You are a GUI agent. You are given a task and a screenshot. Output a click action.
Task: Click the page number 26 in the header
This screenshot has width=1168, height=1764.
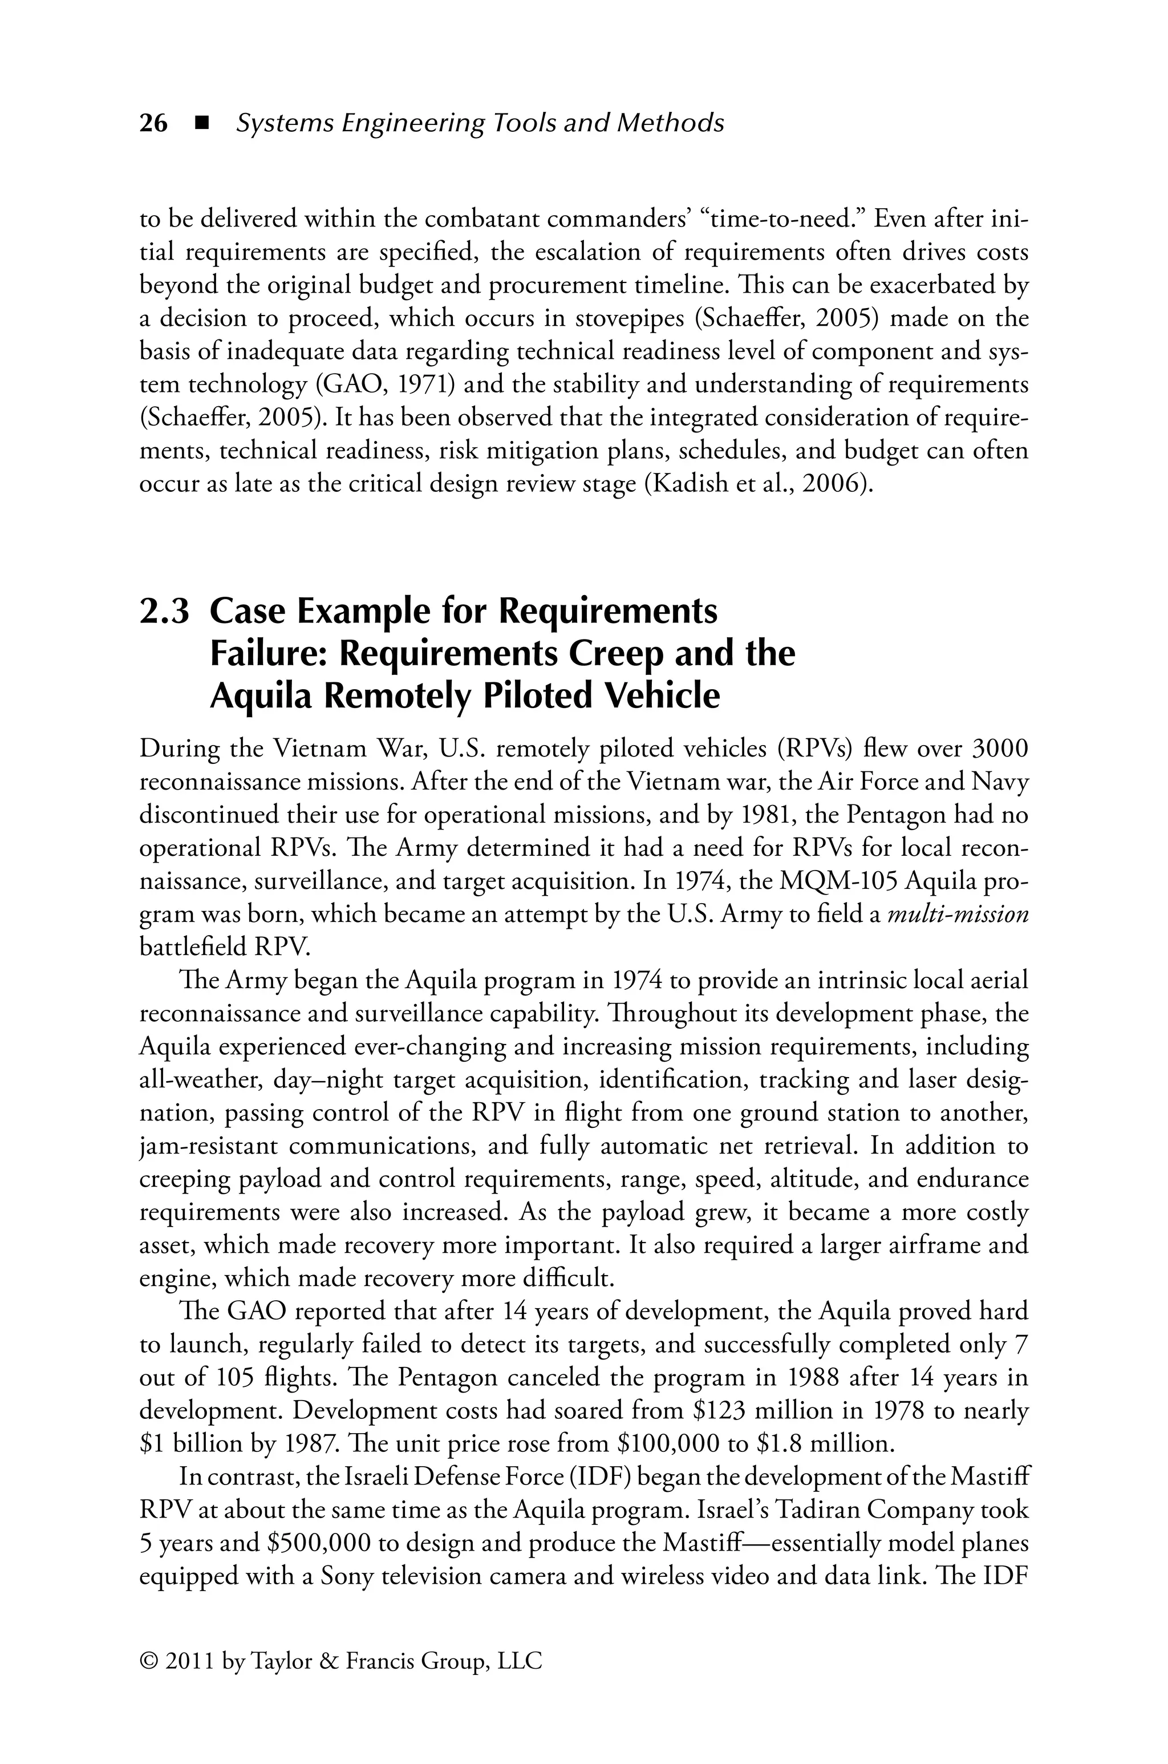(153, 124)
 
